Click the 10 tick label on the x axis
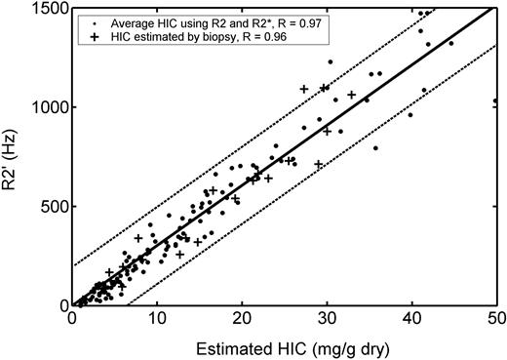(157, 319)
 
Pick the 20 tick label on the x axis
(242, 319)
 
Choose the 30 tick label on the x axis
(327, 319)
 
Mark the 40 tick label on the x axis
(411, 319)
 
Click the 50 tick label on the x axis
(495, 319)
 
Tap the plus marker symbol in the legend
(92, 36)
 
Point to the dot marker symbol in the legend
(92, 20)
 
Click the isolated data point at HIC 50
(495, 100)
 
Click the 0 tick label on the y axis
(60, 305)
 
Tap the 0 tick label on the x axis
(72, 319)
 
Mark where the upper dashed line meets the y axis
(72, 265)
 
